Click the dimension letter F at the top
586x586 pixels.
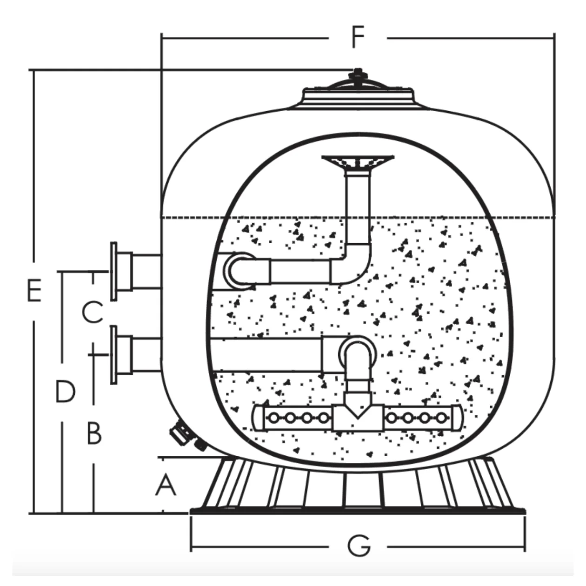357,37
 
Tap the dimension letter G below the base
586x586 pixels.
359,546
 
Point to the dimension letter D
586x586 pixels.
65,392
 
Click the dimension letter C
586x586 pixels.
93,312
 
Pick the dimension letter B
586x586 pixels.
94,433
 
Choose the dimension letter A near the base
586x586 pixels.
166,486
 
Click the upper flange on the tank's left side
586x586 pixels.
114,271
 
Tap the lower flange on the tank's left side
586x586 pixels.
114,355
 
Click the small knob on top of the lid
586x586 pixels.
357,74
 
